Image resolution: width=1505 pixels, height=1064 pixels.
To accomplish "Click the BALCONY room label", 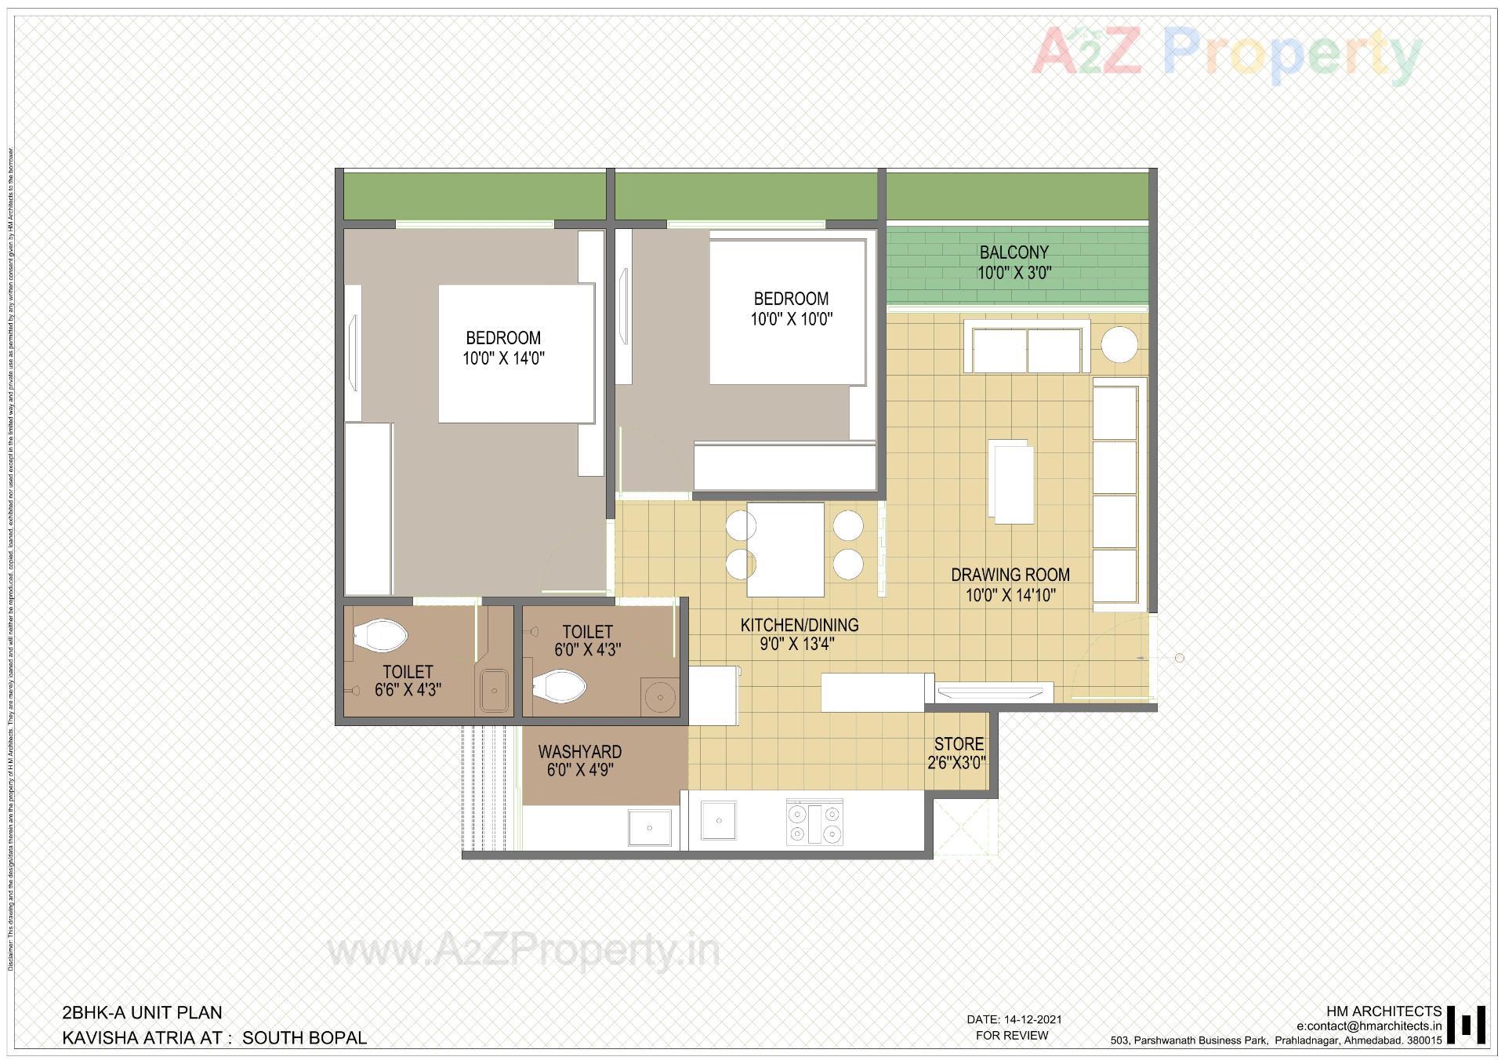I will click(x=1014, y=252).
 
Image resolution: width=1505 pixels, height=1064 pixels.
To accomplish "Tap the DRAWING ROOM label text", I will click(x=1010, y=575).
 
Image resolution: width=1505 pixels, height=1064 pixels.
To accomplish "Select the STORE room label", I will click(x=958, y=744).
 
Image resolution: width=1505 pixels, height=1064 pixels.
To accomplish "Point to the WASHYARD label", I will click(x=579, y=752).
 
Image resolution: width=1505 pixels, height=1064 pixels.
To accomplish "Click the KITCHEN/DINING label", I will click(x=800, y=625).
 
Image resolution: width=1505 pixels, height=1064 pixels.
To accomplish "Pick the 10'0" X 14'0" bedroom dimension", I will click(x=503, y=359).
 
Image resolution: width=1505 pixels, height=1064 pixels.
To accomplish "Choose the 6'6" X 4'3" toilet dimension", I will click(x=408, y=690).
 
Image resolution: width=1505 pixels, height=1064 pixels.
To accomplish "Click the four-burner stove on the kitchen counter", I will click(x=815, y=823).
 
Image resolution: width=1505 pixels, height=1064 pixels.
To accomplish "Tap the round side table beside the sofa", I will click(x=1119, y=345).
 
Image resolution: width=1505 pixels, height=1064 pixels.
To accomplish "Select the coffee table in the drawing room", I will click(x=1012, y=481).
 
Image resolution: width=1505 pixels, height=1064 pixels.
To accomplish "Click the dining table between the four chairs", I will click(x=785, y=550).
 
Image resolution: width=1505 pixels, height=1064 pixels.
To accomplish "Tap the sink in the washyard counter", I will click(x=650, y=828).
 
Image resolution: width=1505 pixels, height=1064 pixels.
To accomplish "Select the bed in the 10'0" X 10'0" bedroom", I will click(x=787, y=312).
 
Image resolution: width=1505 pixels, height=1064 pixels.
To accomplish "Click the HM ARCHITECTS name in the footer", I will click(x=1384, y=1011).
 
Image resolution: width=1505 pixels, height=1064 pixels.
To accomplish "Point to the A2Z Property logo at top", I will click(x=1226, y=53).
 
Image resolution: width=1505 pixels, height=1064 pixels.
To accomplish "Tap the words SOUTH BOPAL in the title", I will click(x=304, y=1037).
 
